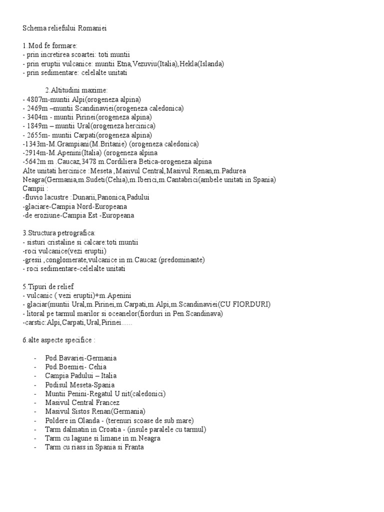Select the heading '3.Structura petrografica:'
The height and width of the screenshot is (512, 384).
59,233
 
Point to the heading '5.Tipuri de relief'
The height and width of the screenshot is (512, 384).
48,286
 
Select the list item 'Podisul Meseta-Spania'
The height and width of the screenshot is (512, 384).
80,384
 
